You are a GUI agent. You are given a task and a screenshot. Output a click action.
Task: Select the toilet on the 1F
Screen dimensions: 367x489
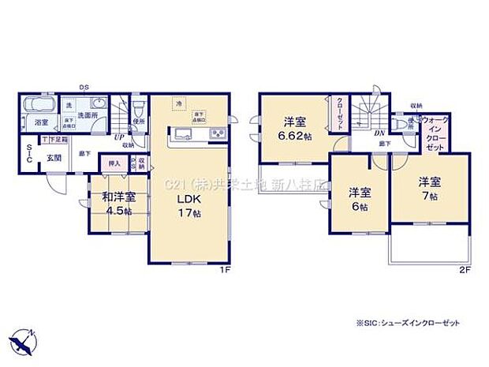tap(139, 105)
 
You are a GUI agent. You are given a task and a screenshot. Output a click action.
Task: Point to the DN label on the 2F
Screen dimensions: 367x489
tap(379, 133)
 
